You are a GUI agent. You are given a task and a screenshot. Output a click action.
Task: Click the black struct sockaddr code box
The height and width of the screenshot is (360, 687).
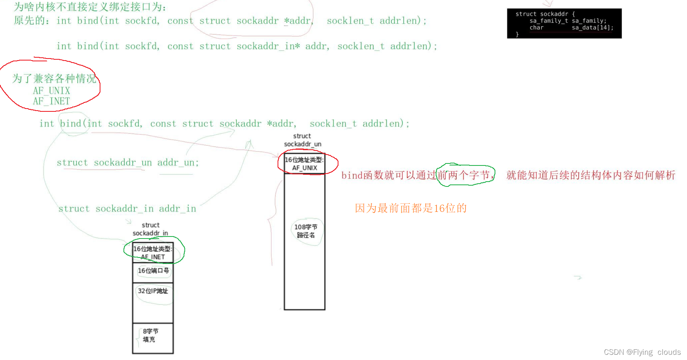point(564,23)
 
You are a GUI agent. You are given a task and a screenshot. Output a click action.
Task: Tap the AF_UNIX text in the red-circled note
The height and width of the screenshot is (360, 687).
point(52,91)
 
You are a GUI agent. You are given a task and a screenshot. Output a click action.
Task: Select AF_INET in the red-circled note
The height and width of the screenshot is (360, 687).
point(52,101)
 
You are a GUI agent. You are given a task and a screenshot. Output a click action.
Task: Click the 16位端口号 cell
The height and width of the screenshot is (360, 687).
point(153,271)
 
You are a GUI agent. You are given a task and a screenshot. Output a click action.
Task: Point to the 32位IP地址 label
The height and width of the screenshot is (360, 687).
point(153,291)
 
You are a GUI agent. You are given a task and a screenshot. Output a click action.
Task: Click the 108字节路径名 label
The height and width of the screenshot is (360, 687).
point(305,231)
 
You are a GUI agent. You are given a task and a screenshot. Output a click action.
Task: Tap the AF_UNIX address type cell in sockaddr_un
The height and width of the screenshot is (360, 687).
point(305,164)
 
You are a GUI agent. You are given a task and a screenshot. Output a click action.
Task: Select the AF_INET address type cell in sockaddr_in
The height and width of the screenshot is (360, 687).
point(153,253)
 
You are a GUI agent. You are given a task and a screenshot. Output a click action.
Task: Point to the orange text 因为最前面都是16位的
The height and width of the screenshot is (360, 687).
point(411,208)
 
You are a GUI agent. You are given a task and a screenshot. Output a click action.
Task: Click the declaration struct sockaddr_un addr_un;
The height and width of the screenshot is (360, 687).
point(127,163)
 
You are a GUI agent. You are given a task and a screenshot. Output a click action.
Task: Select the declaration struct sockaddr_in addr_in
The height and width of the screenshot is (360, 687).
point(127,209)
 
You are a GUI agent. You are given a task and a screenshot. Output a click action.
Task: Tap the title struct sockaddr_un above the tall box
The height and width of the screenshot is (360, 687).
point(303,140)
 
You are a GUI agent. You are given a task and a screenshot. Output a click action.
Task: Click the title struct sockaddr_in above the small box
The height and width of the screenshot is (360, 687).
point(150,229)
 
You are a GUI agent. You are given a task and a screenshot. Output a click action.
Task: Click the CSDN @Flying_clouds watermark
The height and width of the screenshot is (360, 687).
point(642,352)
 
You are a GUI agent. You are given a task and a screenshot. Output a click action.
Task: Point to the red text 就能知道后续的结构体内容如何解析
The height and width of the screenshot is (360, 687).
point(591,175)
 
